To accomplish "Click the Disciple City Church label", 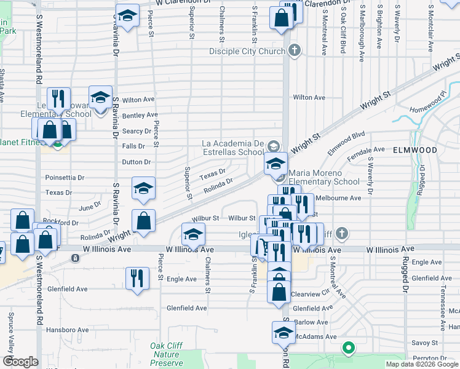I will coord(247,51).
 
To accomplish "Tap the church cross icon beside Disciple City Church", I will coord(295,50).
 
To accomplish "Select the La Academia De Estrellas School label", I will coord(233,148).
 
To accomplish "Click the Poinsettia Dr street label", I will coord(65,177).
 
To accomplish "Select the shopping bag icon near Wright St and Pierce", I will coord(143,221).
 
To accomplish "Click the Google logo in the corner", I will coord(20,362).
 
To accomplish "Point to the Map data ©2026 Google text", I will coord(421,364).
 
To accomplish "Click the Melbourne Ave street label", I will coord(338,198).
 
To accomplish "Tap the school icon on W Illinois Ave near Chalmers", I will coord(193,235).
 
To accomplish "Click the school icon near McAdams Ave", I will coord(284,333).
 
